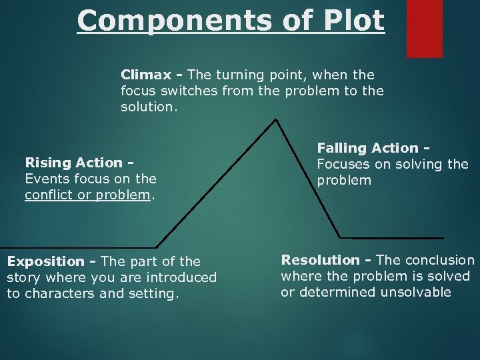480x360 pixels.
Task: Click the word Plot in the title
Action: [355, 20]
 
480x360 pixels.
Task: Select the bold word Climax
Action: [145, 75]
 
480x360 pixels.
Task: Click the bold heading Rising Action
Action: [73, 163]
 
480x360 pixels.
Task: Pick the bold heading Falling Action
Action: [368, 148]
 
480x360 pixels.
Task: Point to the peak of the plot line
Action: [276, 121]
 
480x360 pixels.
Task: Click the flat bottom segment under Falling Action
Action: [392, 237]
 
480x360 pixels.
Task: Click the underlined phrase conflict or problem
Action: [87, 195]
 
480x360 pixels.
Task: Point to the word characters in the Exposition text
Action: [59, 293]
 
